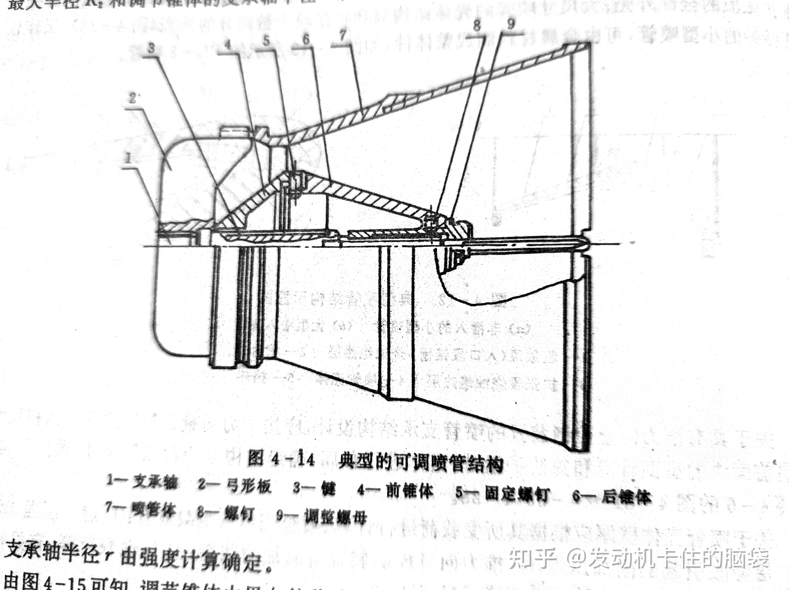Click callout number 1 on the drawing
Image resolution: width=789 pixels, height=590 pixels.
(128, 158)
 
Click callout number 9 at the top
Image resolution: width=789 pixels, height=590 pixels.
(511, 24)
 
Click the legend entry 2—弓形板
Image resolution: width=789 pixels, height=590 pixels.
(235, 486)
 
